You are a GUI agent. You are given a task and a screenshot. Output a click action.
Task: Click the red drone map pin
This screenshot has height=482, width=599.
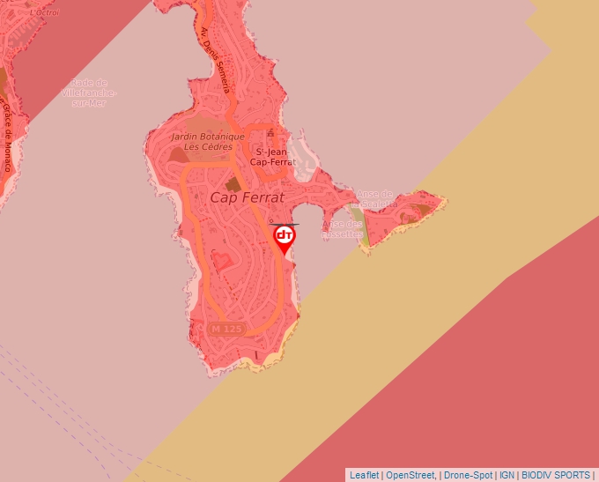pyautogui.click(x=285, y=237)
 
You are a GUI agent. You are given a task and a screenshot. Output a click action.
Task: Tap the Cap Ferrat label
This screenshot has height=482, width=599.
pyautogui.click(x=247, y=198)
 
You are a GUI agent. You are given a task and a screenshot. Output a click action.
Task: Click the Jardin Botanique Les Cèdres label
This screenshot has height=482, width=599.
pyautogui.click(x=208, y=141)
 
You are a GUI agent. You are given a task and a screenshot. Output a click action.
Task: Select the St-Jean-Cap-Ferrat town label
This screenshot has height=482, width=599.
pyautogui.click(x=272, y=157)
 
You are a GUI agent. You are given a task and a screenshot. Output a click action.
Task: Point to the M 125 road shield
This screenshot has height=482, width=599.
pyautogui.click(x=226, y=329)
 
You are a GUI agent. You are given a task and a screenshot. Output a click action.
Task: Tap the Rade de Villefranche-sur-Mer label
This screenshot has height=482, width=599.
pyautogui.click(x=89, y=92)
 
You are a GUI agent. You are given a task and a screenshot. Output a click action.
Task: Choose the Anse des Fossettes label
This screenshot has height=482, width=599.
pyautogui.click(x=343, y=229)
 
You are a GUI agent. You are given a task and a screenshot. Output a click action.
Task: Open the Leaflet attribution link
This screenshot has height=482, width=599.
pyautogui.click(x=364, y=475)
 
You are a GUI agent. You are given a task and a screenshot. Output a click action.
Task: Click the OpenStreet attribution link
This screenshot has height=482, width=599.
pyautogui.click(x=410, y=475)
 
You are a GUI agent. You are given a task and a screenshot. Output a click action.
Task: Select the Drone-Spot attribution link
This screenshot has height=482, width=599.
pyautogui.click(x=469, y=475)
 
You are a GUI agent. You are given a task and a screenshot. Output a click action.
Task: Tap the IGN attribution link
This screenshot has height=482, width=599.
pyautogui.click(x=507, y=475)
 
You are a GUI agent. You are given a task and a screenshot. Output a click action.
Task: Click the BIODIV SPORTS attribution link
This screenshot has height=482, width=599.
pyautogui.click(x=555, y=475)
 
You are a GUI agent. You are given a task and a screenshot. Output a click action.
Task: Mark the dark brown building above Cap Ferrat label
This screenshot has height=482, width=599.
pyautogui.click(x=233, y=183)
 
